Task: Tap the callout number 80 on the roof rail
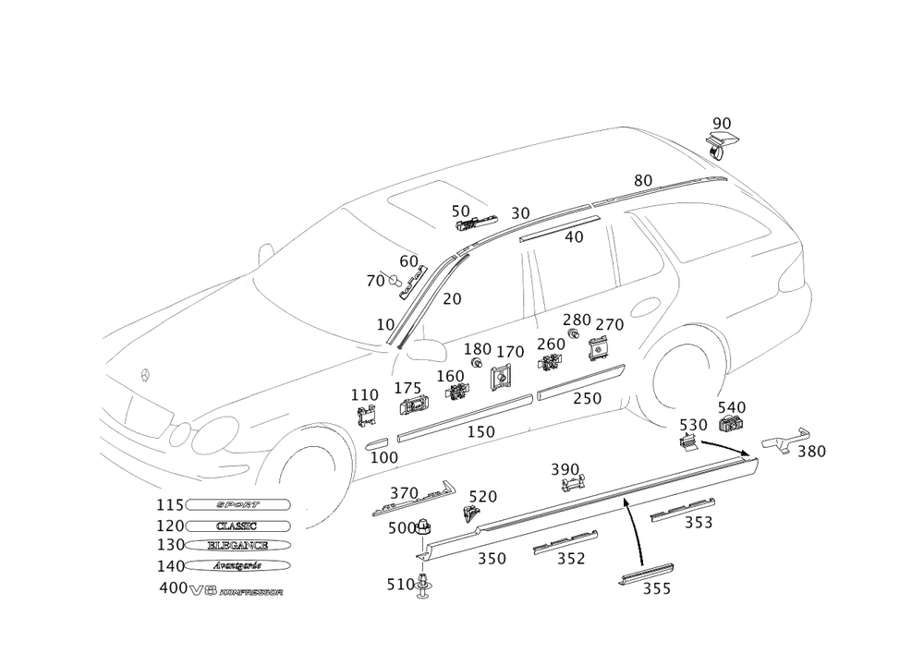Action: pos(643,180)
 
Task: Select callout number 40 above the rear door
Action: pos(574,236)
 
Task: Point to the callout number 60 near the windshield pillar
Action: pos(408,262)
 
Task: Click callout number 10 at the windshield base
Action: pos(385,325)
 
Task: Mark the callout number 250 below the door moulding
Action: pos(587,399)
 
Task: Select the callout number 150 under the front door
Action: pos(480,431)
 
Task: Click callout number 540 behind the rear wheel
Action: pos(732,408)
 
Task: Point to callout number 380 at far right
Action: pos(811,452)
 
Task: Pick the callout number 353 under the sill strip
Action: pos(698,524)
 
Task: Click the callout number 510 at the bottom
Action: pos(399,584)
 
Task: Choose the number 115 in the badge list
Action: pos(167,505)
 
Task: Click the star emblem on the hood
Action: pos(142,376)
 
